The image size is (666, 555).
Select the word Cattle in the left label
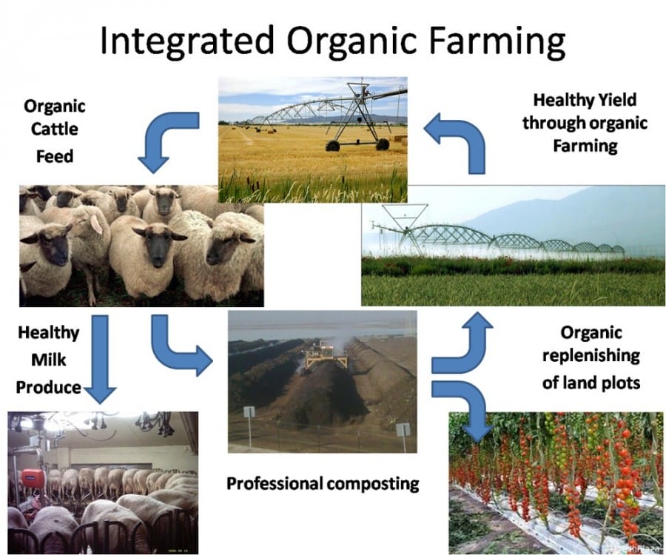pyautogui.click(x=54, y=129)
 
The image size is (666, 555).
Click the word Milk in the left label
pyautogui.click(x=48, y=360)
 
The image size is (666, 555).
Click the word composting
pyautogui.click(x=373, y=484)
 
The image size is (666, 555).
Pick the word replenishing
pyautogui.click(x=591, y=355)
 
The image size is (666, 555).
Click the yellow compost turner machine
pyautogui.click(x=326, y=356)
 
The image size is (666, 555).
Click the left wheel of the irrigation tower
pyautogui.click(x=332, y=146)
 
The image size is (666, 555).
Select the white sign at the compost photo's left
pyautogui.click(x=249, y=412)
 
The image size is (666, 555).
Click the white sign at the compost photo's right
pyautogui.click(x=403, y=429)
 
